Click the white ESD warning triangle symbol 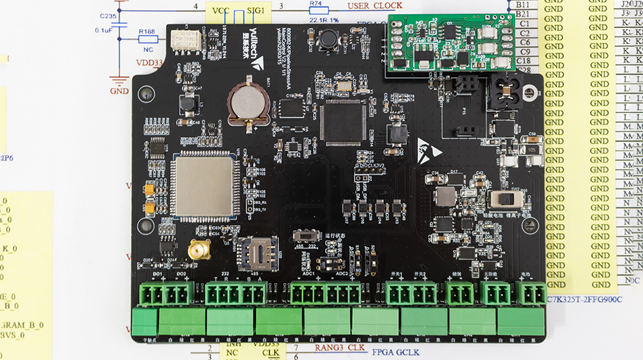tap(429, 148)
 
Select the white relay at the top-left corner tap(186, 41)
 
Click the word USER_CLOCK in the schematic tap(375, 6)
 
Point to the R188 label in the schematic tap(147, 31)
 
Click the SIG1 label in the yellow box tap(255, 11)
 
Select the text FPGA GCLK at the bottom tap(397, 352)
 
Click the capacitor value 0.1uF tap(104, 30)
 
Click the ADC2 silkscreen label tap(342, 274)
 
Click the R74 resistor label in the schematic tap(316, 4)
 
